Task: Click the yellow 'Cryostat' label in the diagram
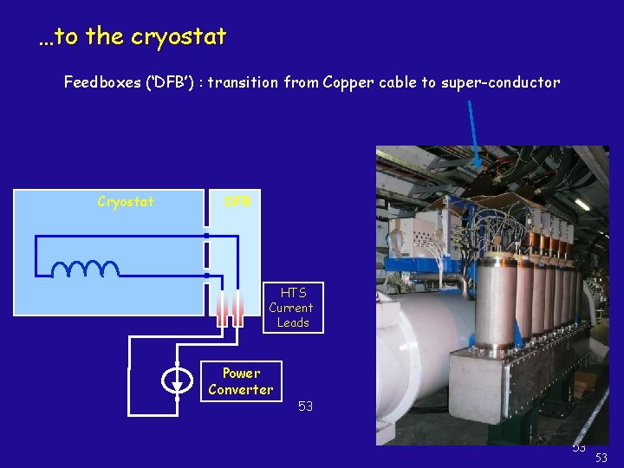[x=126, y=202]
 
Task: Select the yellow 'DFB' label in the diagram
[x=237, y=202]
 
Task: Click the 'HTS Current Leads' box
[x=293, y=308]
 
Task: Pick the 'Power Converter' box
[x=241, y=381]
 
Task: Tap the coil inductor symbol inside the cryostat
[x=85, y=269]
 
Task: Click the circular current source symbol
[x=177, y=381]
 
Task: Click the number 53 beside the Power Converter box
[x=305, y=406]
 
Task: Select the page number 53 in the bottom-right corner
[x=601, y=457]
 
